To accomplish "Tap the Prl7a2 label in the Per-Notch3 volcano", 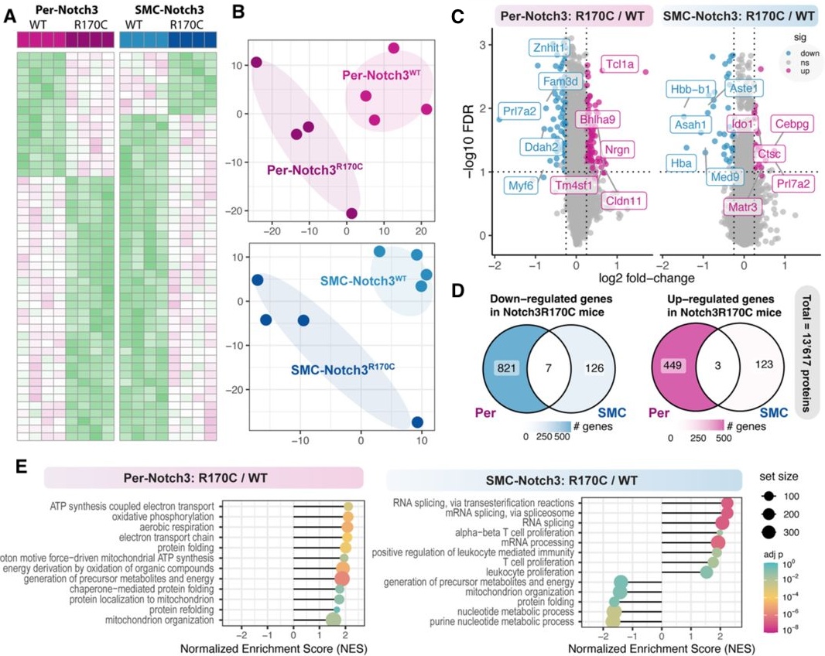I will coord(517,111).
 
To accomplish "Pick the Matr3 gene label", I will coord(745,207).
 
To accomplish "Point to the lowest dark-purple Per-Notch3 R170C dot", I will coord(352,214).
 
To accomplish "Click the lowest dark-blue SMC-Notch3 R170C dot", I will coord(418,422).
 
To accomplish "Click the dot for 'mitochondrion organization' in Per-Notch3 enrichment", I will coord(334,620).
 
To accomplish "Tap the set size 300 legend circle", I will coord(769,531).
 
